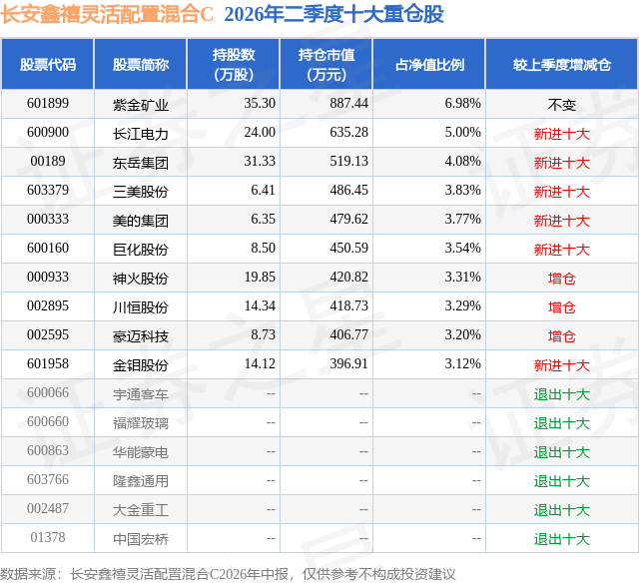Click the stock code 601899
click(48, 104)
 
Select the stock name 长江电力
click(141, 134)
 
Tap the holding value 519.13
click(348, 162)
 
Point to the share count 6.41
click(263, 191)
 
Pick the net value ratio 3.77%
click(462, 220)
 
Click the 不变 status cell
click(561, 105)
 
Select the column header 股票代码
click(48, 64)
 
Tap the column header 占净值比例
click(429, 64)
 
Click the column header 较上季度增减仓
click(562, 64)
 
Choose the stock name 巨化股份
click(141, 250)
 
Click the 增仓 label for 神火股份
click(561, 279)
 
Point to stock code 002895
click(48, 305)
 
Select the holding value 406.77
click(348, 334)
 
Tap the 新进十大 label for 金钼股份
click(561, 365)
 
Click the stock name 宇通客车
click(141, 394)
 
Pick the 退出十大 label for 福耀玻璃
click(561, 423)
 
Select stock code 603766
click(48, 479)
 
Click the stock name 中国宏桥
click(141, 539)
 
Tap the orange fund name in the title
click(107, 14)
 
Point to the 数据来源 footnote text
click(228, 574)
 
